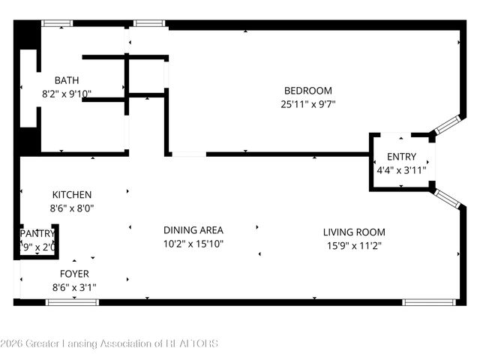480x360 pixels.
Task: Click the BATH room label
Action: (x=67, y=80)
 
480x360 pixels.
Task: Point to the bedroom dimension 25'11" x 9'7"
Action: (x=307, y=104)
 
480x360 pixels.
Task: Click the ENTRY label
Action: (x=400, y=157)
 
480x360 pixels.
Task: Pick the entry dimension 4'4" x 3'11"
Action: (x=401, y=169)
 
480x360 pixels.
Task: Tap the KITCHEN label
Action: (x=72, y=195)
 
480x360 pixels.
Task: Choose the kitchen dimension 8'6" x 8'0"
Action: (x=72, y=208)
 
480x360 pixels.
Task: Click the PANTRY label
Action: (x=37, y=234)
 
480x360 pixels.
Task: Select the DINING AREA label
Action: (x=193, y=230)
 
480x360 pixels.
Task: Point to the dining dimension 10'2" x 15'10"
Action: (x=193, y=244)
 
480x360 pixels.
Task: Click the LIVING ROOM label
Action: (x=354, y=232)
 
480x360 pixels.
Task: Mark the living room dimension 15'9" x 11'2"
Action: (x=354, y=245)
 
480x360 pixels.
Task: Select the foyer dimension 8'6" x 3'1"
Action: (x=73, y=287)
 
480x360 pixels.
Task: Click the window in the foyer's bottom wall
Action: (x=72, y=302)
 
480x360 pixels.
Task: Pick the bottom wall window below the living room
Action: (x=429, y=302)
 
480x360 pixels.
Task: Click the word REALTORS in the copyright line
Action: (x=192, y=343)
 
